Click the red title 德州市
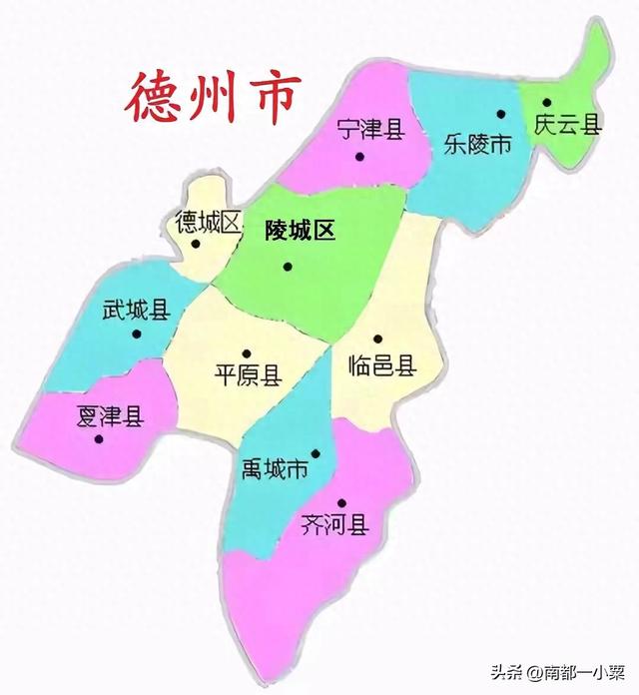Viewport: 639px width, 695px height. [212, 94]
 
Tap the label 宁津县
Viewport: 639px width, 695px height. [369, 129]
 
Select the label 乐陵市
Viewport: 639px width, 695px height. [476, 144]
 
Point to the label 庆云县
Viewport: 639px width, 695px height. [568, 125]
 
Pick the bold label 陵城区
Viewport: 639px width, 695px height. [299, 231]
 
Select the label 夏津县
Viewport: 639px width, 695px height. [110, 416]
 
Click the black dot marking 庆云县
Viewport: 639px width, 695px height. [547, 103]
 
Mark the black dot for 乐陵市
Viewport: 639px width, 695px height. [501, 115]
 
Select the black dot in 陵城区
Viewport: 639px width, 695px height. [288, 266]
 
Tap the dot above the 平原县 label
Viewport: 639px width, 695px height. [246, 352]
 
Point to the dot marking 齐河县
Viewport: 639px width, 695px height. [341, 503]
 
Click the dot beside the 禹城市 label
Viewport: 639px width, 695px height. [316, 454]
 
